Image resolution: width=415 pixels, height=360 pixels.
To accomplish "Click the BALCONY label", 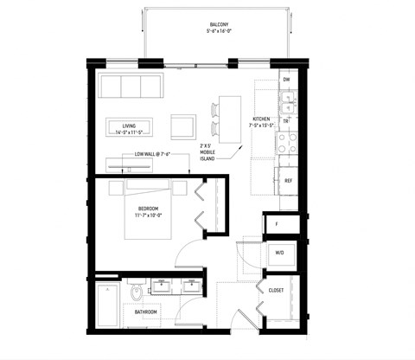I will pos(219,24).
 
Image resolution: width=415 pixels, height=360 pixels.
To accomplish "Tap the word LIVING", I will pos(130,124).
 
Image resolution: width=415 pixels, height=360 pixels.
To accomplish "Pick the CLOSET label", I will pos(277,290).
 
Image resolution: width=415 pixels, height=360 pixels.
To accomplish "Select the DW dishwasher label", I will pos(286,80).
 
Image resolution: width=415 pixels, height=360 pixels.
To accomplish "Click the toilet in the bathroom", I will pos(134,294).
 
